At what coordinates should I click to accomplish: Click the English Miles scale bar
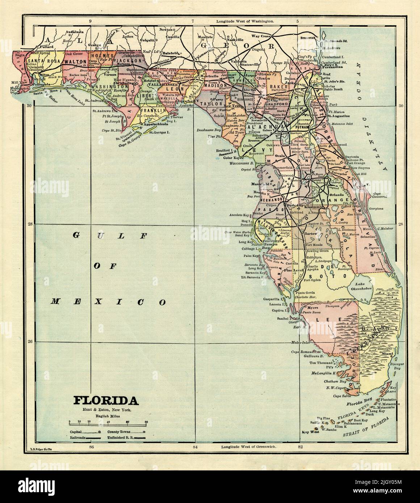click(108, 422)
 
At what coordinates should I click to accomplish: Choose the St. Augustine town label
click(339, 116)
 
